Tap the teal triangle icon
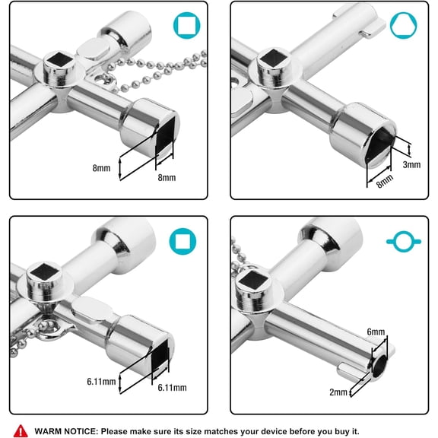point(404,26)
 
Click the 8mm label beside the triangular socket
point(385,180)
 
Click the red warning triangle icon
point(20,430)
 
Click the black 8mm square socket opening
point(160,134)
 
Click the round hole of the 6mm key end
point(382,370)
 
